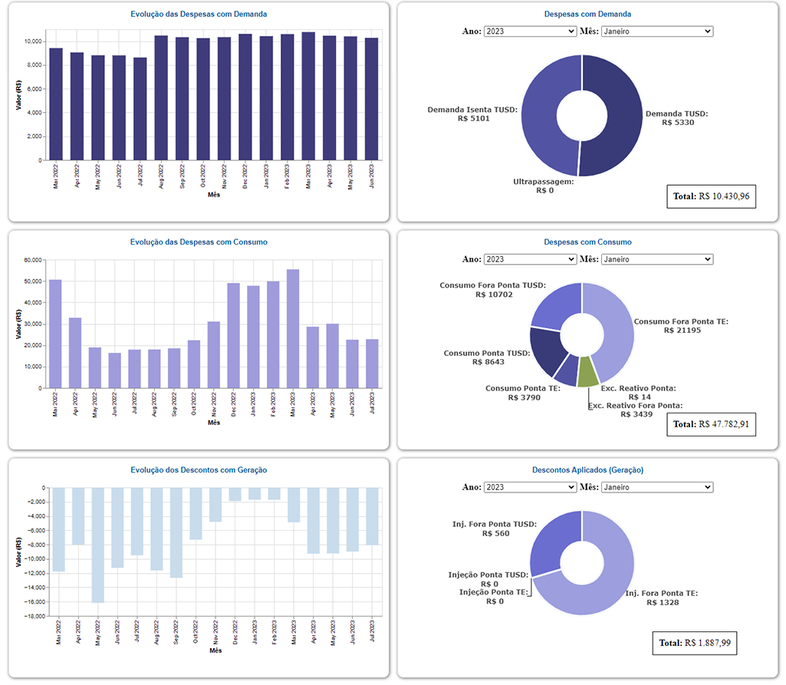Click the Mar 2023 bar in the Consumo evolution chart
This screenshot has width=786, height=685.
(293, 330)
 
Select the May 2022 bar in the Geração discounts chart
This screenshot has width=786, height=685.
(97, 545)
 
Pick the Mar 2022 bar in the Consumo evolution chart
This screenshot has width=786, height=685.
(55, 334)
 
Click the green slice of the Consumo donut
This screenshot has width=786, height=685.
(588, 371)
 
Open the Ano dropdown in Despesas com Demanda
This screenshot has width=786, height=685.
(529, 31)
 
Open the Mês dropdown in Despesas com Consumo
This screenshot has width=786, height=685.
(656, 259)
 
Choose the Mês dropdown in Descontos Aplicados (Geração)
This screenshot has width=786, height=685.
(656, 487)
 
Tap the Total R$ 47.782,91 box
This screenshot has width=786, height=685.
(712, 424)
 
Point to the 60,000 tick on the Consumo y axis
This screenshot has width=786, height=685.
(32, 260)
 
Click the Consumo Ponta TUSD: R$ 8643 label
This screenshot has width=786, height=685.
(487, 358)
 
